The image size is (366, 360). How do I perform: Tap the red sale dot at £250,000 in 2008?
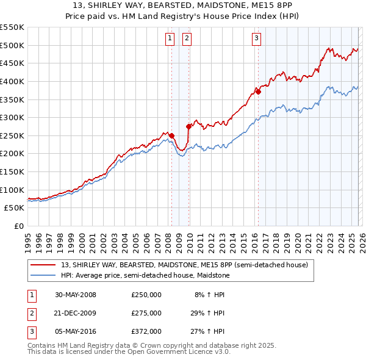pos(172,135)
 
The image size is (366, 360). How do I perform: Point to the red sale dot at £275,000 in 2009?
pos(188,126)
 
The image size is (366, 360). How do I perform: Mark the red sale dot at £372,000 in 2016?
pos(258,92)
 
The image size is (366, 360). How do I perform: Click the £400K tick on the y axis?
pos(12,81)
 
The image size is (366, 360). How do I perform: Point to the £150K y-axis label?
pos(12,171)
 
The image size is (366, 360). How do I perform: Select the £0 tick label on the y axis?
pos(18,226)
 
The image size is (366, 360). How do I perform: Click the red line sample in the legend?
pos(43,265)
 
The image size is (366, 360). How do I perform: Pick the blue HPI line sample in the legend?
pos(43,276)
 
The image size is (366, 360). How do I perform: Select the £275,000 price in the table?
pos(146,313)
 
